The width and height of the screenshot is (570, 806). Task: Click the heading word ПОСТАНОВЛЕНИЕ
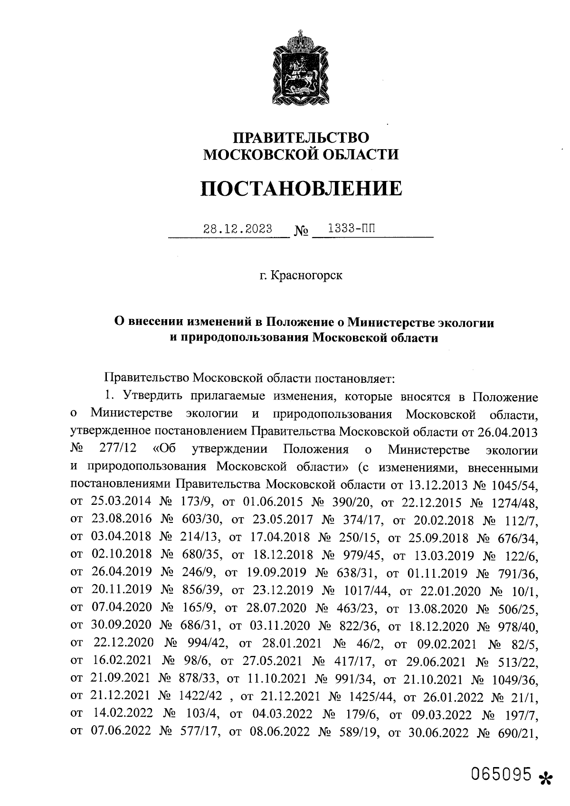(x=301, y=189)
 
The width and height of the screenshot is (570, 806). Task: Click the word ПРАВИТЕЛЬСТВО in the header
(x=301, y=138)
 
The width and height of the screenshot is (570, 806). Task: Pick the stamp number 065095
(x=501, y=775)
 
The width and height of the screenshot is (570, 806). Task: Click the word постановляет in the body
(x=351, y=379)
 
